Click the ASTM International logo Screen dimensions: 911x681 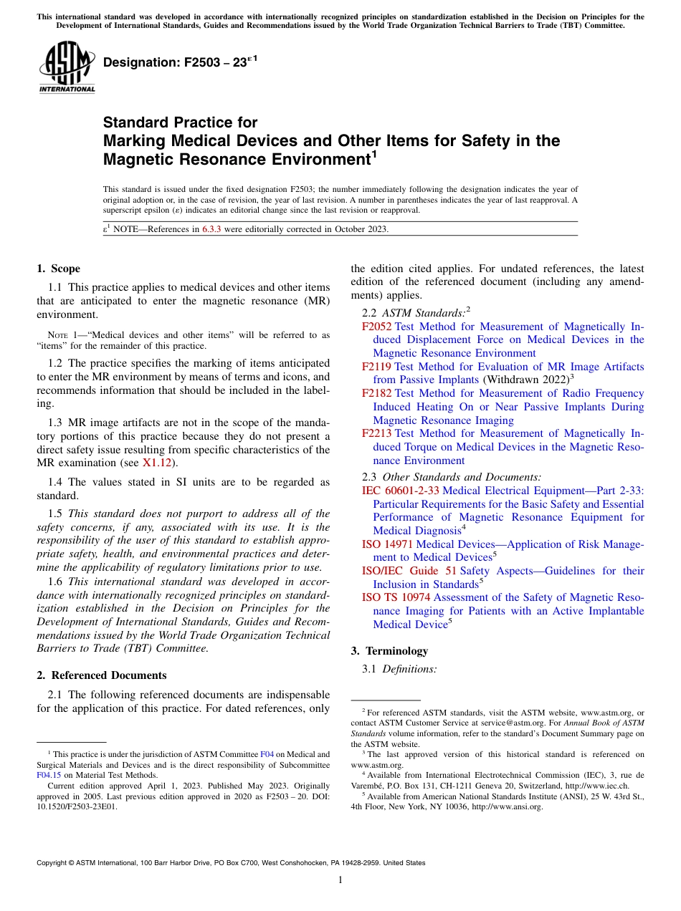[x=66, y=67]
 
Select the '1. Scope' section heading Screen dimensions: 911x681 [x=58, y=269]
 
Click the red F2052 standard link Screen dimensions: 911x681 [x=377, y=327]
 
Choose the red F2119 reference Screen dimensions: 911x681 [x=377, y=367]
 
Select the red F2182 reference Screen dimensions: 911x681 [x=377, y=393]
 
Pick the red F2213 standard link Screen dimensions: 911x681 [x=377, y=433]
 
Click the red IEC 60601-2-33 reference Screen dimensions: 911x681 [x=401, y=491]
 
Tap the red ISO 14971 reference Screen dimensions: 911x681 [x=387, y=544]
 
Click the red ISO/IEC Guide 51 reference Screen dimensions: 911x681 [x=409, y=571]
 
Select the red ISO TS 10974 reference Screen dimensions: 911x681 [x=396, y=597]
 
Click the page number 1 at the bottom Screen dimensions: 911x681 [x=340, y=879]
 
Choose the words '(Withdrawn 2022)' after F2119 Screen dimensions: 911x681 [x=527, y=380]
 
